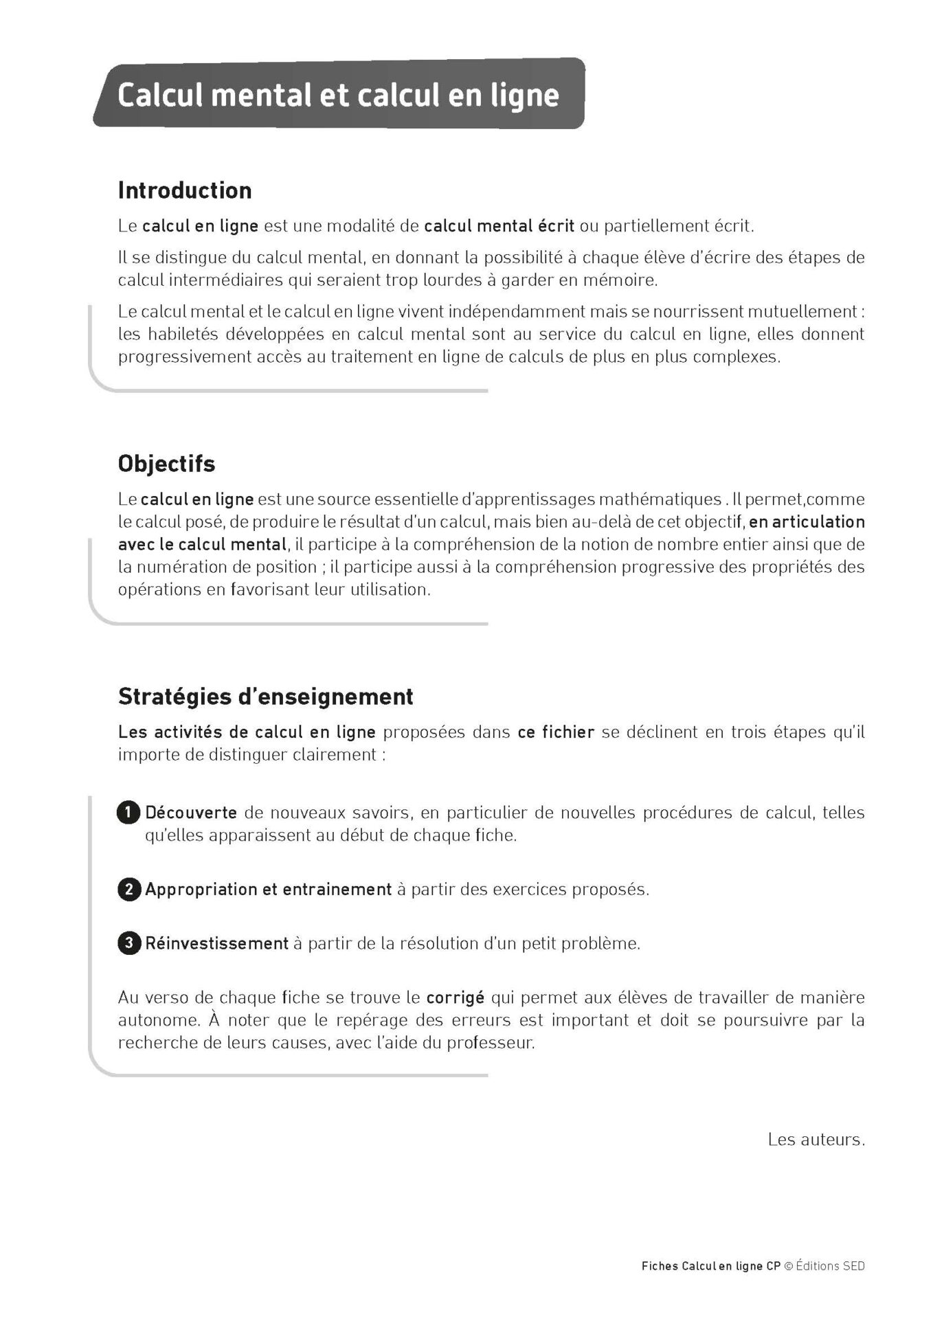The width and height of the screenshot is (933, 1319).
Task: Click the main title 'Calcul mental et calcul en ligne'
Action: click(338, 95)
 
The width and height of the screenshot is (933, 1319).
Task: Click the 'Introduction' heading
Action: click(185, 190)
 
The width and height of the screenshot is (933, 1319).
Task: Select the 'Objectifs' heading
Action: click(166, 464)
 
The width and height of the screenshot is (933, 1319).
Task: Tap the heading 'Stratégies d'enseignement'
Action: click(265, 697)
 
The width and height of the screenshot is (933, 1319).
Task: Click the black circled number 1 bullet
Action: click(128, 813)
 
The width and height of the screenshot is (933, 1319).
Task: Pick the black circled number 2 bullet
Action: click(128, 890)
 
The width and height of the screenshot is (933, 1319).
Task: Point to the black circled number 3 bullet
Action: click(128, 943)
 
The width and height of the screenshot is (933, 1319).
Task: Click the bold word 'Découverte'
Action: click(191, 813)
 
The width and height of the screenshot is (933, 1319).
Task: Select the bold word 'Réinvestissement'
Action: click(216, 943)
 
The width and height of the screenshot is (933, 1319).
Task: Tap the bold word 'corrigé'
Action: click(456, 997)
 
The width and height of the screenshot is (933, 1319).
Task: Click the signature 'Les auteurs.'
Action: click(816, 1140)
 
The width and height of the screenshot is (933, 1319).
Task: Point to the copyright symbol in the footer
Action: click(789, 1266)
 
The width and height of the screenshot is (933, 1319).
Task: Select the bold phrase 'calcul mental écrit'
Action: click(499, 226)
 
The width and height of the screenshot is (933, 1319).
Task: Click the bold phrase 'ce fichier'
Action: click(556, 732)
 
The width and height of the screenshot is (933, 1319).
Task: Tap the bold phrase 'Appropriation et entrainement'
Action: click(268, 890)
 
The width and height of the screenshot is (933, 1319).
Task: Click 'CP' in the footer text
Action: click(774, 1266)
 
